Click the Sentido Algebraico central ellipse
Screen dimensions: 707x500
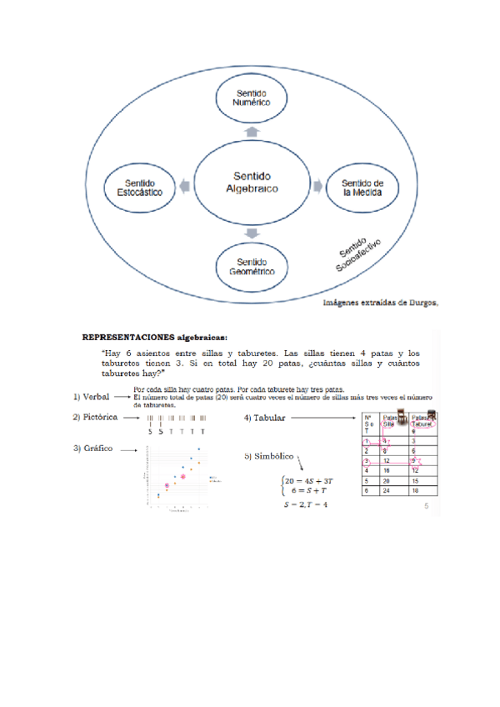(251, 183)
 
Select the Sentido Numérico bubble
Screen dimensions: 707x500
(252, 98)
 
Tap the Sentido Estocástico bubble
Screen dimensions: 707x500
(138, 186)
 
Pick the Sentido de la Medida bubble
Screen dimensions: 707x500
(362, 186)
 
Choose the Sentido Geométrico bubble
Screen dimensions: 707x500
(252, 267)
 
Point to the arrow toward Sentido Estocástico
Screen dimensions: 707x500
(185, 185)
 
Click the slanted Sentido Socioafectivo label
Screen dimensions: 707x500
(359, 255)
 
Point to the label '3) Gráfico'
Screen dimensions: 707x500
(92, 449)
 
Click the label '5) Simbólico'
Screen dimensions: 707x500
(268, 456)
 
